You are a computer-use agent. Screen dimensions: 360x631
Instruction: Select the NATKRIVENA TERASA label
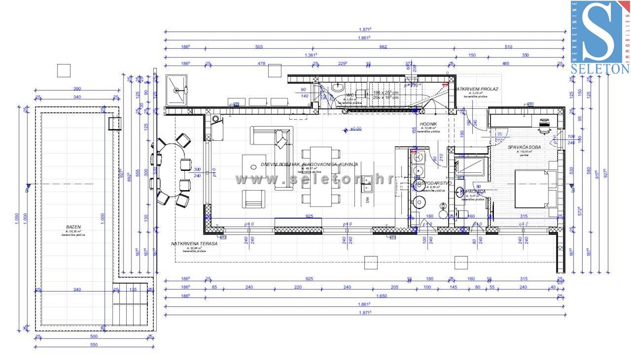(194, 244)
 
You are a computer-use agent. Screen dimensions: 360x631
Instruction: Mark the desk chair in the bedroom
(545, 125)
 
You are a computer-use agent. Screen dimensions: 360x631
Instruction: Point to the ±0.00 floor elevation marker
(355, 128)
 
